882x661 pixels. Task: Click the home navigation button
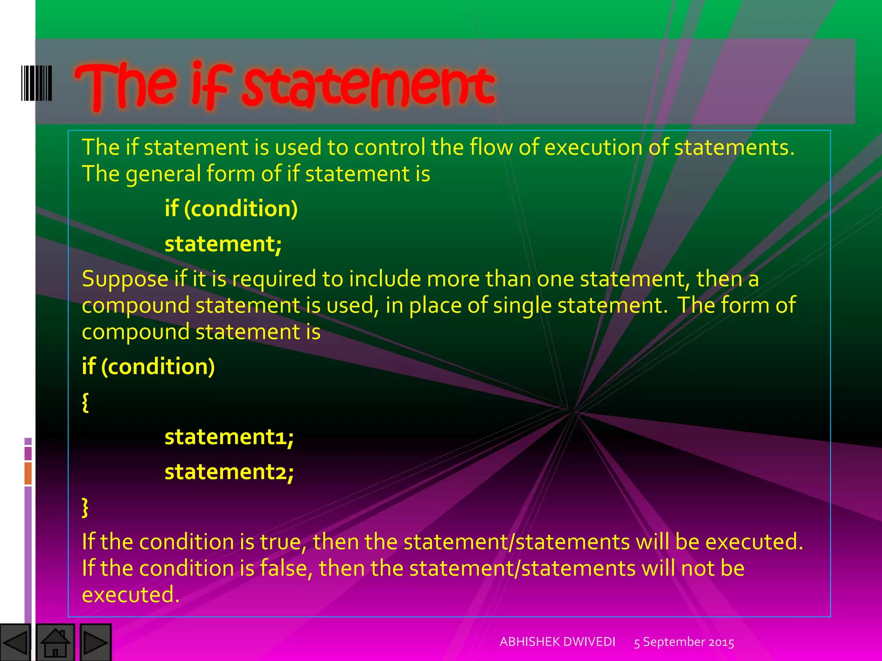55,642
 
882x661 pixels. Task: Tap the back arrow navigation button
15,642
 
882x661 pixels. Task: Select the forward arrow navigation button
95,642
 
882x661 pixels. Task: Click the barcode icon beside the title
37,83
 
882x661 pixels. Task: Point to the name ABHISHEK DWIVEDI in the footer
557,642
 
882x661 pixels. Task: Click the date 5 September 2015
684,642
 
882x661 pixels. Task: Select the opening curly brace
85,402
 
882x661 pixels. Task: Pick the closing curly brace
85,507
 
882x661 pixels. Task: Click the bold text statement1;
229,437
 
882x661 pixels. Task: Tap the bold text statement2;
229,472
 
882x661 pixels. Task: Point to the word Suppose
125,279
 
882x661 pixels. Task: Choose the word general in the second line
163,174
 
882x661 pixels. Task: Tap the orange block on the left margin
28,473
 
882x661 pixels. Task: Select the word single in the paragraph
522,306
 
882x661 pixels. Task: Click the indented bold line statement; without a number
223,244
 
